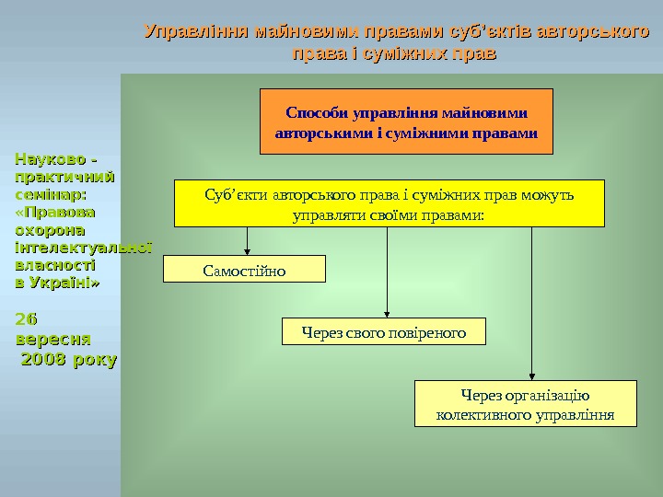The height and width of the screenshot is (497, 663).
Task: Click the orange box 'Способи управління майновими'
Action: (x=406, y=121)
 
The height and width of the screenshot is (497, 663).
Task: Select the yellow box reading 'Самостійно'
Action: (x=244, y=270)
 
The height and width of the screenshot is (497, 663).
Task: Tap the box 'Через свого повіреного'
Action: (x=382, y=331)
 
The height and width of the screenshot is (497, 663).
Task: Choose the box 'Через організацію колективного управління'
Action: (x=525, y=404)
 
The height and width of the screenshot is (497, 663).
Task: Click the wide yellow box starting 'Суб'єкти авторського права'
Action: (x=389, y=203)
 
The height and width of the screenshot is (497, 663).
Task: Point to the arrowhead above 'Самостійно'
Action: (x=247, y=249)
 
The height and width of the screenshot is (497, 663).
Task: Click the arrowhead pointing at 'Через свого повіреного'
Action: (x=387, y=314)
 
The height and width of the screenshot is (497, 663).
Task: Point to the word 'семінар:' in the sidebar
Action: (x=51, y=195)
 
